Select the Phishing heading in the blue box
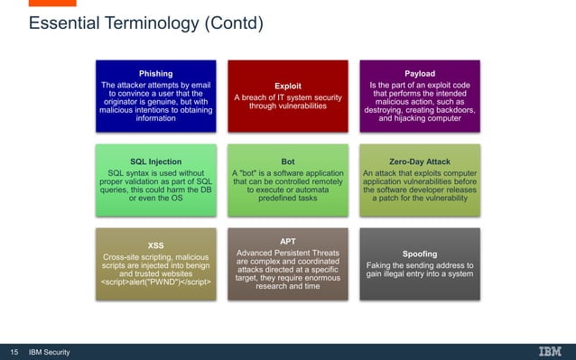[156, 74]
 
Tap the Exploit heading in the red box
[287, 86]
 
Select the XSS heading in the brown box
[156, 245]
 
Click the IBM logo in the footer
[549, 351]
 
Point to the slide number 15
[14, 351]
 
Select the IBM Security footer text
[51, 351]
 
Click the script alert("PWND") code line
[156, 282]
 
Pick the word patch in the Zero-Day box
[391, 198]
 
